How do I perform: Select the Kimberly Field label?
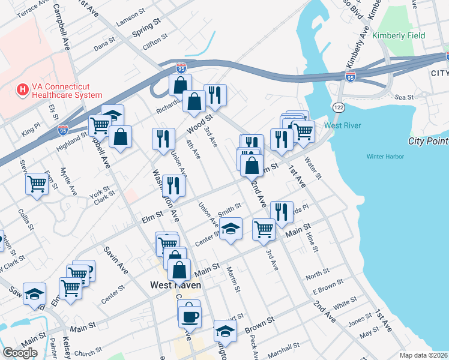pyautogui.click(x=399, y=35)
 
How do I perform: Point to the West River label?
pyautogui.click(x=342, y=125)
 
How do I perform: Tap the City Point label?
pyautogui.click(x=428, y=141)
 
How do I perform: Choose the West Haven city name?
pyautogui.click(x=175, y=285)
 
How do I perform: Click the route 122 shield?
pyautogui.click(x=338, y=106)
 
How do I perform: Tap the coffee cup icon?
pyautogui.click(x=190, y=315)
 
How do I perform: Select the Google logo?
pyautogui.click(x=20, y=353)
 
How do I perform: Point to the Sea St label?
pyautogui.click(x=405, y=97)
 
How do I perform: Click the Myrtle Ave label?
pyautogui.click(x=68, y=185)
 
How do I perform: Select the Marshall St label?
pyautogui.click(x=284, y=349)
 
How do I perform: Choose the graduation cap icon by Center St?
pyautogui.click(x=231, y=229)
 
